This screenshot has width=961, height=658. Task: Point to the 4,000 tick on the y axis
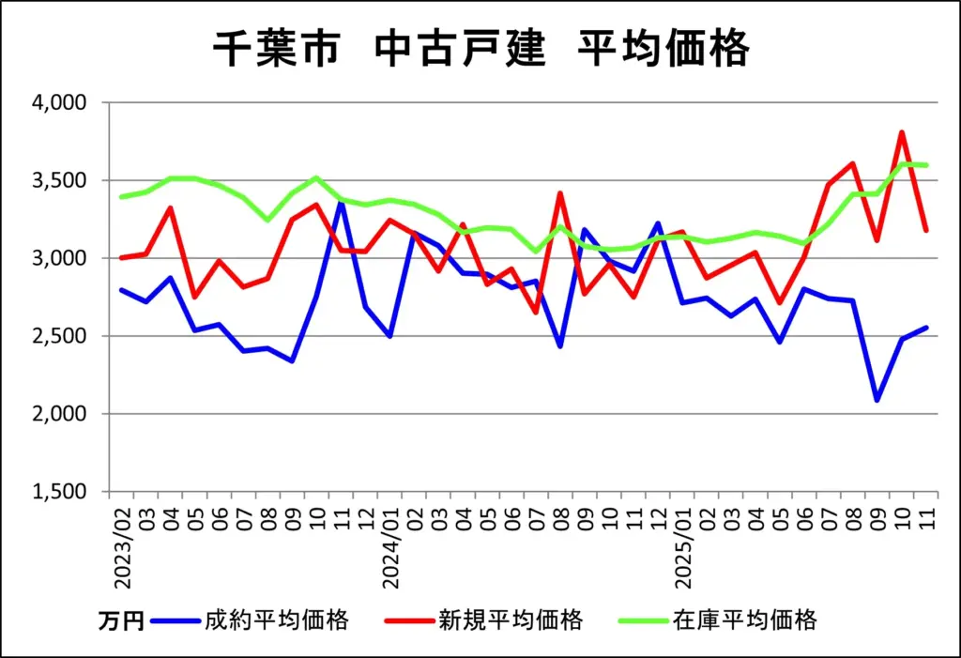coord(59,102)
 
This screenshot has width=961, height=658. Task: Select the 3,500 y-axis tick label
coord(59,180)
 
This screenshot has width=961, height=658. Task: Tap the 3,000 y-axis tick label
coord(59,258)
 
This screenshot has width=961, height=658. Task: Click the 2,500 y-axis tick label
coord(59,336)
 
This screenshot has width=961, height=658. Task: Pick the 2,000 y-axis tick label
coord(59,414)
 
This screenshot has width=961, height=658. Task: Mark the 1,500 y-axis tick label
coord(59,492)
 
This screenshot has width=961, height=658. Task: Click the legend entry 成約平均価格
coord(276,620)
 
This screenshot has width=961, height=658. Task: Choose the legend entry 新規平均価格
coord(511,620)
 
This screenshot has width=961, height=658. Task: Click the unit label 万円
coord(121,620)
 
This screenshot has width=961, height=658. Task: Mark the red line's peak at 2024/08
coord(560,193)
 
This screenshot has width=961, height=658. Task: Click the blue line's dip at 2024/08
coord(560,346)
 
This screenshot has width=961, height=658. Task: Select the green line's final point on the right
coord(926,165)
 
